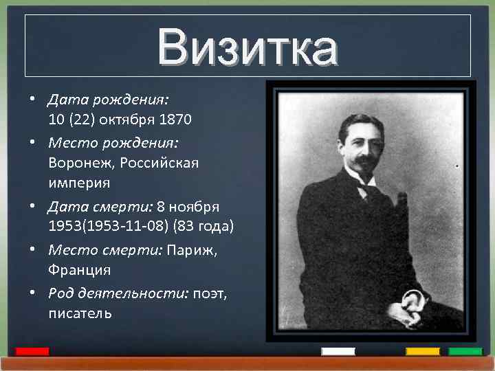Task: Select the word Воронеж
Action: tap(80, 164)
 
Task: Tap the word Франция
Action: tap(79, 271)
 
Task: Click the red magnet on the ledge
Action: tap(32, 352)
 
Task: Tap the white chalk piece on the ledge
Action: tap(338, 352)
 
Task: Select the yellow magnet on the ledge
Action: tap(422, 352)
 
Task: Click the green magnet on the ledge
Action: tap(465, 352)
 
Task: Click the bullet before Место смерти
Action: tap(32, 250)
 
